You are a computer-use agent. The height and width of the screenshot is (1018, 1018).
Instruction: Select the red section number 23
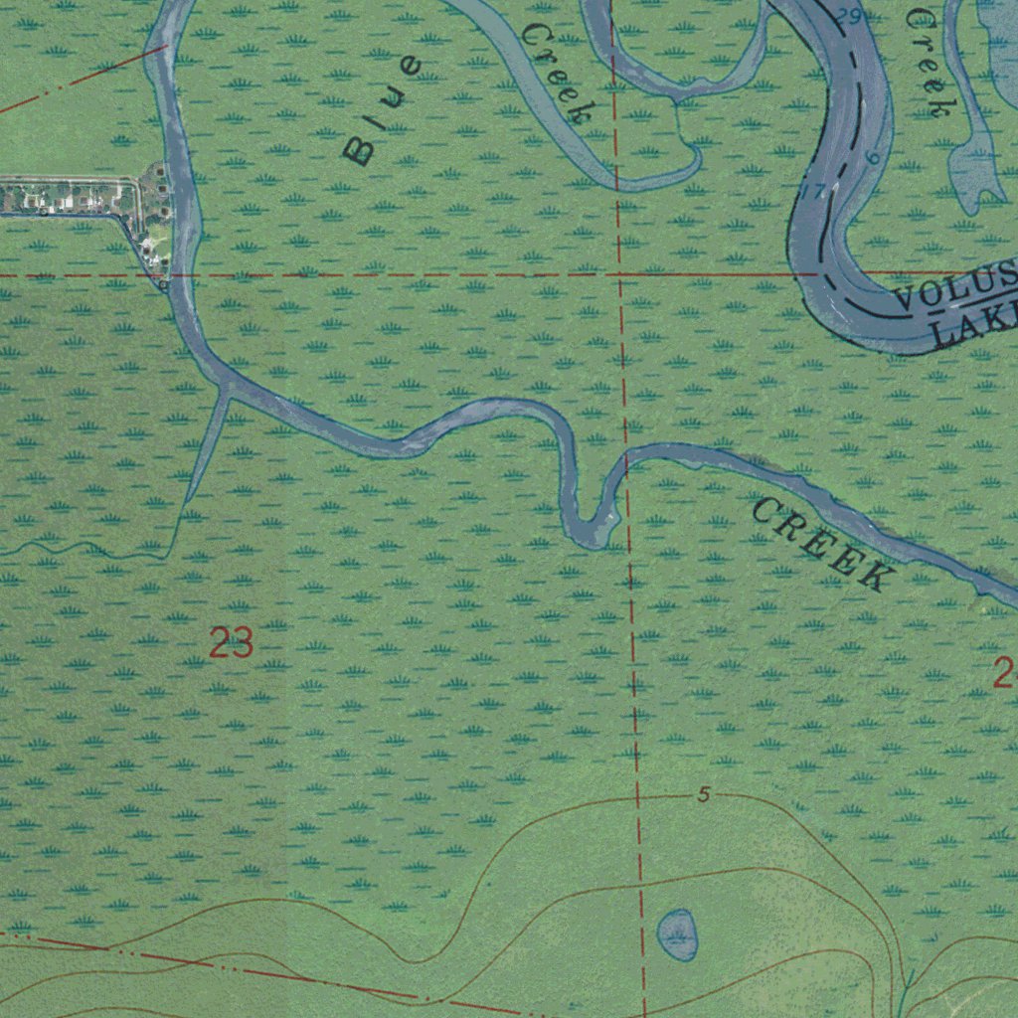[231, 644]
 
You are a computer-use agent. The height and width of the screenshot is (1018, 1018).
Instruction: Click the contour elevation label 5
[703, 795]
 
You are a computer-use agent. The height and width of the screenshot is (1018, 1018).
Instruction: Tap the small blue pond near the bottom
[677, 935]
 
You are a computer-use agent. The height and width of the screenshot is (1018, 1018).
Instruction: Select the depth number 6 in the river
[872, 158]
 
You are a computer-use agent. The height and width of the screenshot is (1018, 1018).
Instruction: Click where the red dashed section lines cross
[619, 272]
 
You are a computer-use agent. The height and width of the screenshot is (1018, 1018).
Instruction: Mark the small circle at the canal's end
[164, 285]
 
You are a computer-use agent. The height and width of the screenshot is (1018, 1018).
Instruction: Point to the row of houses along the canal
[70, 196]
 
